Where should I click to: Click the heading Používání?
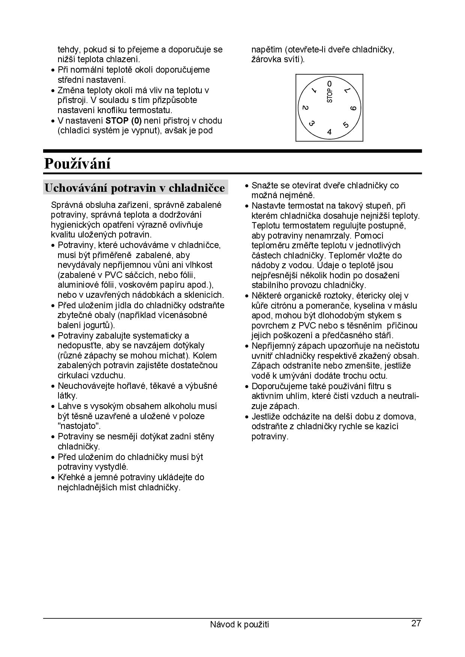[77, 164]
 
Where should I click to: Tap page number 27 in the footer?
[416, 623]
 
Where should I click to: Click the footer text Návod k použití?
[239, 624]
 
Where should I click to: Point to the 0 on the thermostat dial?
[329, 83]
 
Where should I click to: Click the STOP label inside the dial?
[330, 96]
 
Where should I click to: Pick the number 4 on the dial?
[329, 132]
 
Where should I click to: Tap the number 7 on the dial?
[347, 91]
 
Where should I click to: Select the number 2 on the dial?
[305, 108]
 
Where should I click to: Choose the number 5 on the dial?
[346, 125]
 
